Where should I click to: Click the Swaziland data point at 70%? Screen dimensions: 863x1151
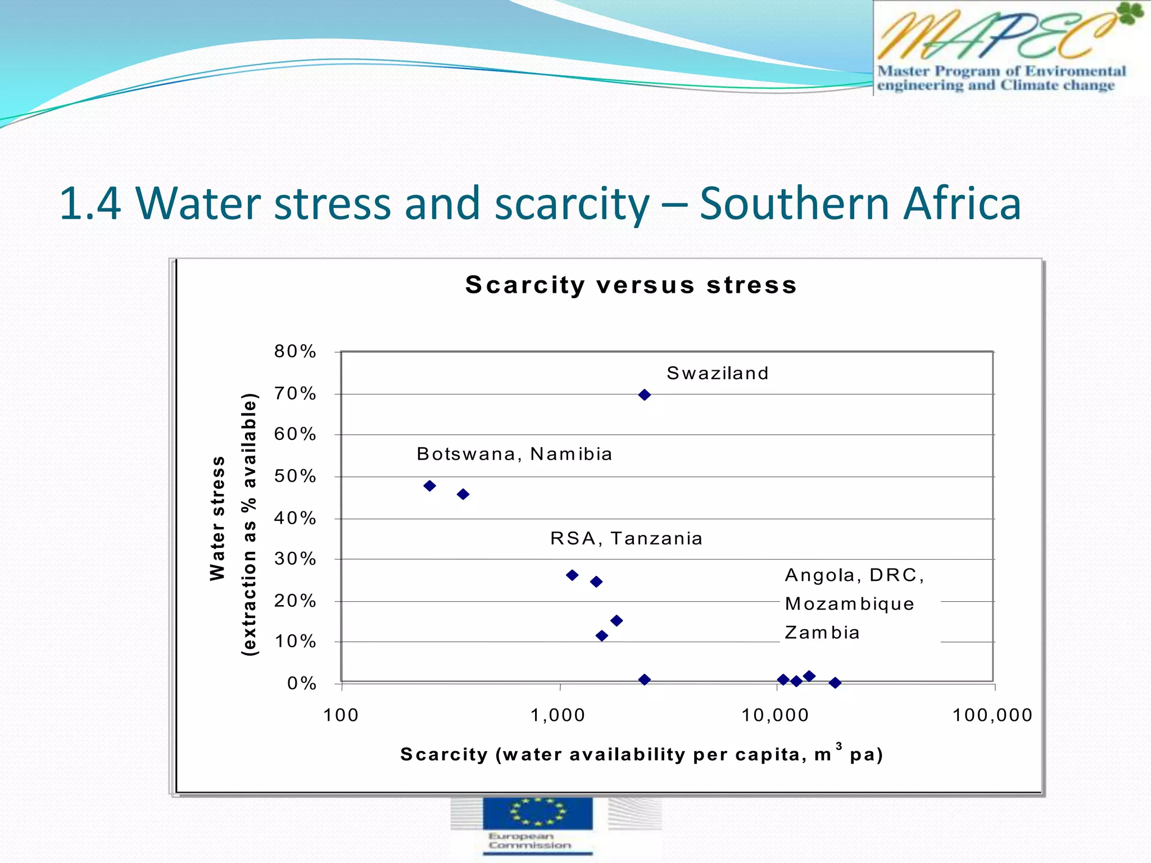point(645,395)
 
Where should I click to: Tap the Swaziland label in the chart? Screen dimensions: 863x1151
point(718,373)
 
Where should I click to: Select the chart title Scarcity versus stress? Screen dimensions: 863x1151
point(631,285)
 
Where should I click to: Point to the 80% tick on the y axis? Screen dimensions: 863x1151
point(295,352)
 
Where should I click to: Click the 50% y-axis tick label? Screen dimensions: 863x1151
point(295,476)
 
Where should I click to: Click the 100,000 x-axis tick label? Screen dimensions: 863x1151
point(993,715)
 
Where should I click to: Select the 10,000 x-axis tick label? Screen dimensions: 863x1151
point(775,715)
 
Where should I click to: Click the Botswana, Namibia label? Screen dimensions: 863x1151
point(514,454)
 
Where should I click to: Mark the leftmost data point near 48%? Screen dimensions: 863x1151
point(430,486)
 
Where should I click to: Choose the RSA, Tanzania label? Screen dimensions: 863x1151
point(626,538)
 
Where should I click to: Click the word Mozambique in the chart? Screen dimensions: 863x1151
point(849,604)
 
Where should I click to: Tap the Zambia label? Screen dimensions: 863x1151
point(822,633)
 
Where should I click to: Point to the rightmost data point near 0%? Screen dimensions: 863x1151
point(835,683)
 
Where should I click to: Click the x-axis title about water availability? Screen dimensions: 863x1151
point(641,754)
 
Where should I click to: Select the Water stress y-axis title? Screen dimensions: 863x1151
point(217,518)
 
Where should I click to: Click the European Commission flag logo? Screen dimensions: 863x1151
point(537,813)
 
